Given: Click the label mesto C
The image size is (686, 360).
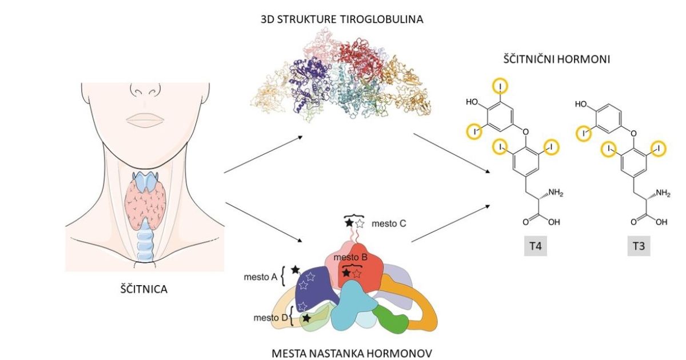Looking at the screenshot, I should pyautogui.click(x=388, y=223).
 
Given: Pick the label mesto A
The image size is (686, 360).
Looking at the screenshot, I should pyautogui.click(x=261, y=277).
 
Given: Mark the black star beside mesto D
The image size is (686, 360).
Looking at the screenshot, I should pyautogui.click(x=307, y=317).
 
